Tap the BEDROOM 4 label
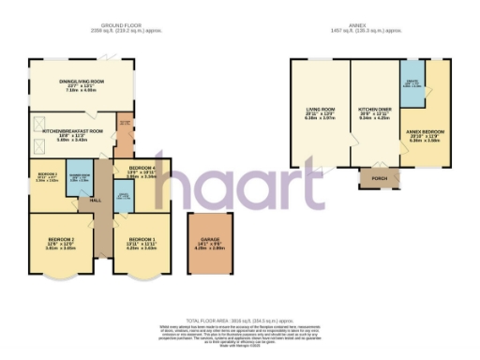pos(141,169)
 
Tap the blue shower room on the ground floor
pos(78,178)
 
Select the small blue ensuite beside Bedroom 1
pos(121,198)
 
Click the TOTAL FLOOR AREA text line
pos(241,321)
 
